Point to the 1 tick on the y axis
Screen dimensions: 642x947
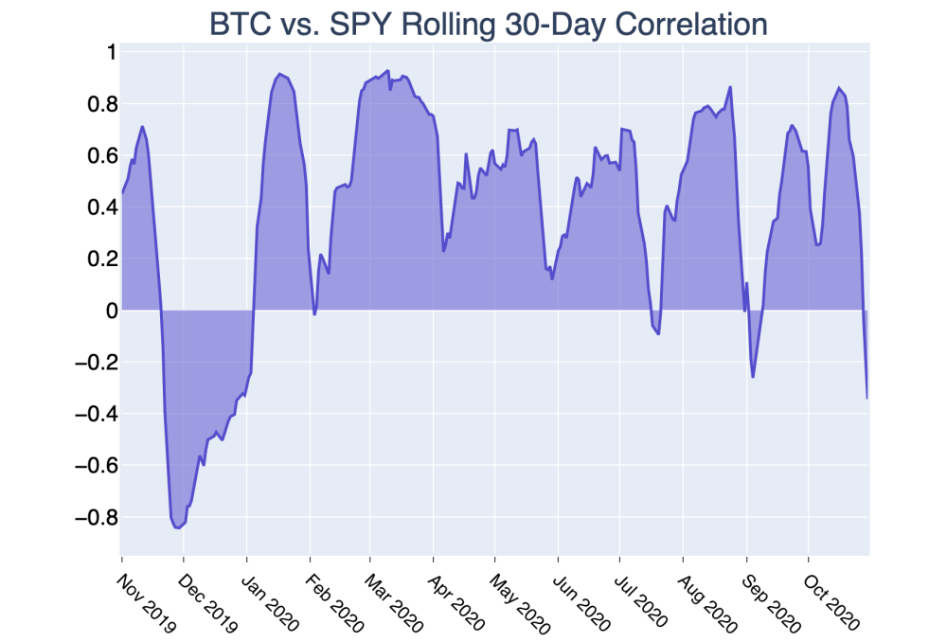109,52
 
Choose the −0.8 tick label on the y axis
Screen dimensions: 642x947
93,518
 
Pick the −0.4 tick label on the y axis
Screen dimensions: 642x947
93,414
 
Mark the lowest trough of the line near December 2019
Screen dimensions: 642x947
178,527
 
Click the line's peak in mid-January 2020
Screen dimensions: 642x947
279,74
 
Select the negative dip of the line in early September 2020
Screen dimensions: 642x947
753,377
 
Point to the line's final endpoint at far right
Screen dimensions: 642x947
867,398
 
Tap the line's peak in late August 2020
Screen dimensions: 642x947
730,87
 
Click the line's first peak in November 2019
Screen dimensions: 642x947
142,127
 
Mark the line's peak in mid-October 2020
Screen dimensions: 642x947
839,88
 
